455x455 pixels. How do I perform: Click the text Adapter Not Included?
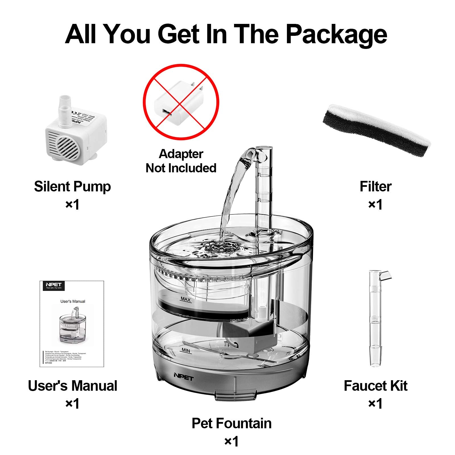(181, 161)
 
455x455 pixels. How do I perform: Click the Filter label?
(375, 187)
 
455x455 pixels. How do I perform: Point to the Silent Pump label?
(72, 187)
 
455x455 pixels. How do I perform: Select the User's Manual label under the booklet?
(73, 386)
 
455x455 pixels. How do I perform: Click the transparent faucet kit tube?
(375, 318)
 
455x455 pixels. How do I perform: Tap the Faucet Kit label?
(375, 386)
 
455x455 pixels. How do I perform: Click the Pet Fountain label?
(231, 423)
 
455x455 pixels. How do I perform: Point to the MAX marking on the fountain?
(185, 299)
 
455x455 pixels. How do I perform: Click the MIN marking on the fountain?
(186, 351)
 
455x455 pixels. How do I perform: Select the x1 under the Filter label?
(375, 205)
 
